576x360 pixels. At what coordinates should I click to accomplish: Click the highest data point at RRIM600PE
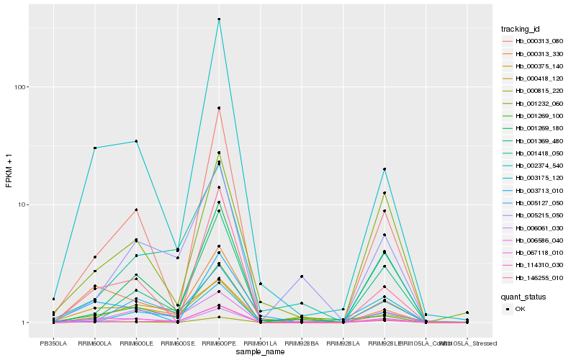(x=219, y=19)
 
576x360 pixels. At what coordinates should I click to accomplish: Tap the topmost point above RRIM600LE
(x=136, y=141)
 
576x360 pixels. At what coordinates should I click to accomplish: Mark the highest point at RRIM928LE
(x=384, y=169)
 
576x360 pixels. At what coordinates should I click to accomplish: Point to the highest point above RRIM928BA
(x=302, y=276)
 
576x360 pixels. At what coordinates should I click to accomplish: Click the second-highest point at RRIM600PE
(x=219, y=108)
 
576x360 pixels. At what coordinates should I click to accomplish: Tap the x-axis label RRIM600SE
(x=177, y=343)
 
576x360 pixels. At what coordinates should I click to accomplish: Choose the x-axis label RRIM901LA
(x=260, y=343)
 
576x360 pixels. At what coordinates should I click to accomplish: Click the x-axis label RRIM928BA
(x=302, y=343)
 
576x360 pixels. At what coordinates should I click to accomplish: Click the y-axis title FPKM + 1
(x=9, y=171)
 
